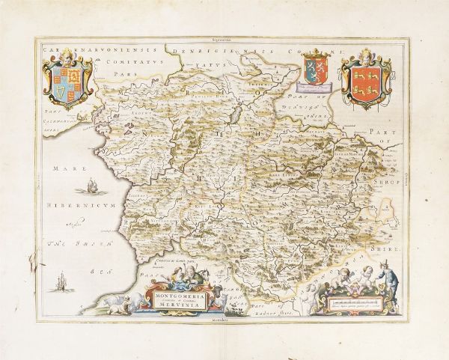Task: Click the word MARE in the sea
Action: [57, 171]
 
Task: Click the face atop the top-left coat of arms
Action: [69, 55]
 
